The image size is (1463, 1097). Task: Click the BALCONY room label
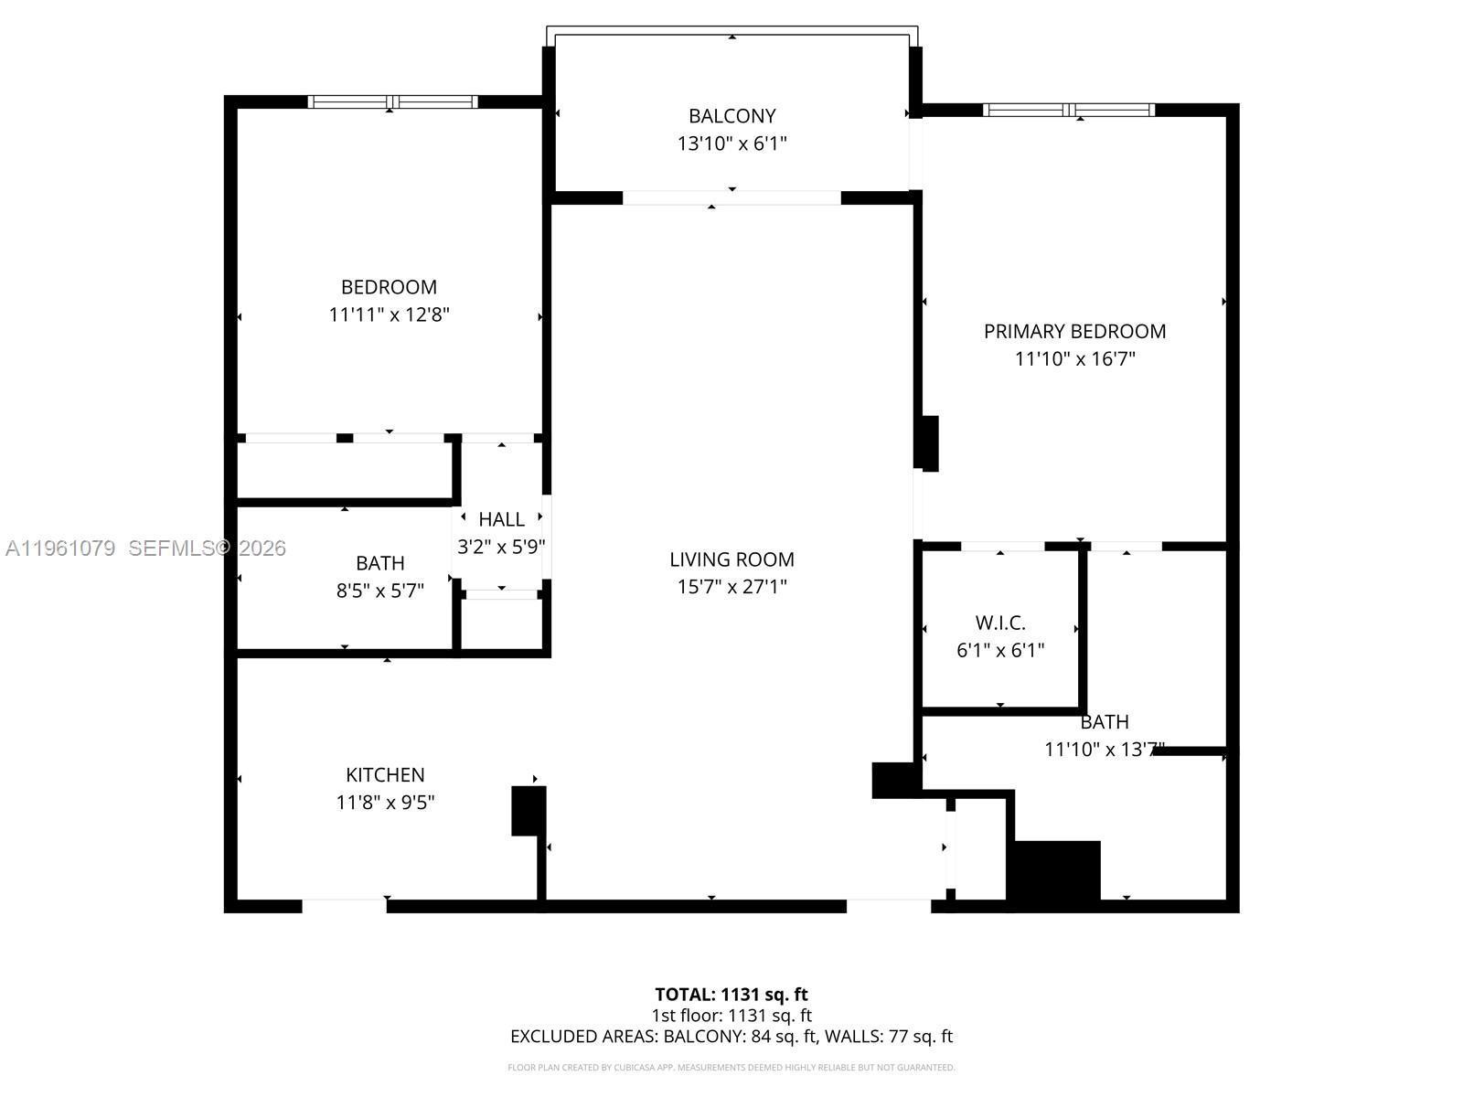(731, 116)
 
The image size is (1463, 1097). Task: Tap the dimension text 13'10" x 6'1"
(731, 144)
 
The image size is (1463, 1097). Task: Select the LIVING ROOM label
(731, 559)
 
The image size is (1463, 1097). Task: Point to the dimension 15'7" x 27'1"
(731, 587)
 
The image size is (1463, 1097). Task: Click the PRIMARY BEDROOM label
(1074, 331)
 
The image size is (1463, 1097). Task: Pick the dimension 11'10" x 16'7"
(1074, 358)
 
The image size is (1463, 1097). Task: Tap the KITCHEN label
(385, 775)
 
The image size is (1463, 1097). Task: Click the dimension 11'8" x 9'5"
(385, 803)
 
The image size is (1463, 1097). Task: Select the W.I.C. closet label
(1000, 623)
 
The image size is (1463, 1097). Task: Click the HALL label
(501, 519)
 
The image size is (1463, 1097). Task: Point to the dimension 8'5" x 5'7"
(379, 591)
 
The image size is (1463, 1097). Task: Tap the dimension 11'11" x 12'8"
(389, 314)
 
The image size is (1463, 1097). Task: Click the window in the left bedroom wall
(392, 101)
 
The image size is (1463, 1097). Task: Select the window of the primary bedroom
(1069, 110)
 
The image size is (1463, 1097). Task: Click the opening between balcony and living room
(731, 197)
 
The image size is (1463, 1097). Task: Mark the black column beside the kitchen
(528, 810)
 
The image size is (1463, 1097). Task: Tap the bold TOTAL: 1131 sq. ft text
(731, 994)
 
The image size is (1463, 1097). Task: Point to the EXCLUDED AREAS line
(731, 1036)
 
